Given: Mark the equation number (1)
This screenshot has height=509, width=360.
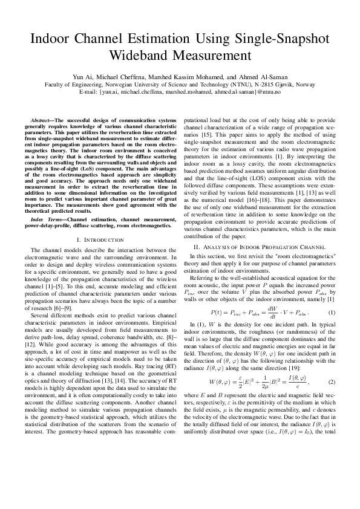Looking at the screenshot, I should [x=331, y=313].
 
